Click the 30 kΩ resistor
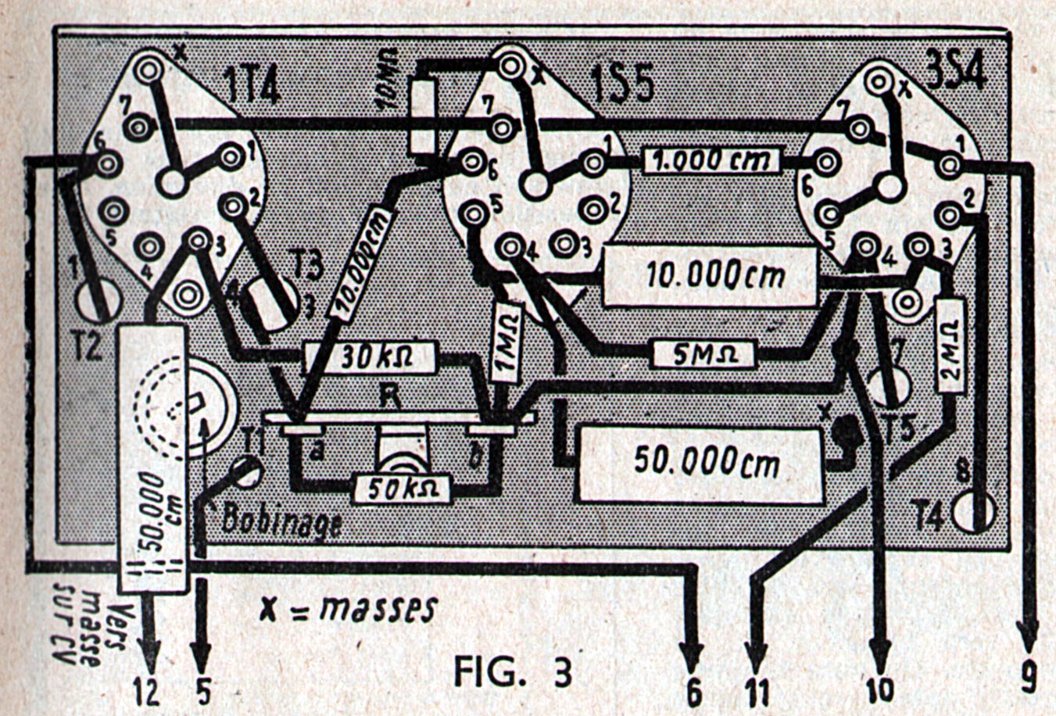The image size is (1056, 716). click(x=367, y=357)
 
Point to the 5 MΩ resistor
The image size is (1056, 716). click(x=704, y=353)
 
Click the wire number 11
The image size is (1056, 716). click(x=756, y=693)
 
